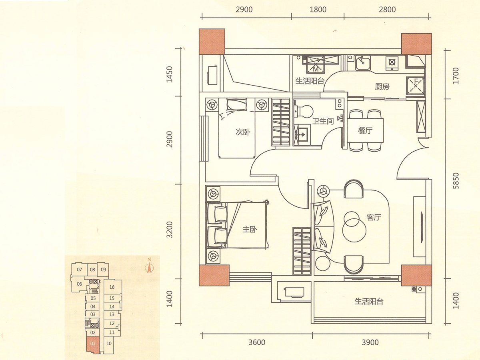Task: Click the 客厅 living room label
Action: tap(374, 217)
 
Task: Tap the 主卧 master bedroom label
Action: tap(250, 229)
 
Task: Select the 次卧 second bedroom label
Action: tap(243, 132)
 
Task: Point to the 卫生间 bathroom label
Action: tap(323, 121)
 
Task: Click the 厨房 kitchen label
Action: tap(382, 86)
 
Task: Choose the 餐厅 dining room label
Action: tap(365, 130)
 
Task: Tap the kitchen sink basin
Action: tap(362, 63)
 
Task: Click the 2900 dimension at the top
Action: tap(244, 10)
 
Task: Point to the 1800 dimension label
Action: tap(318, 10)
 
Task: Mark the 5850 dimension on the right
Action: tap(456, 181)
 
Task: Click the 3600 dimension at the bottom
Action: tap(257, 342)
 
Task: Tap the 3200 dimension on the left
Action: tap(170, 230)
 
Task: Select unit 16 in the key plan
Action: tap(112, 287)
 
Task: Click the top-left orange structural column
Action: tap(212, 42)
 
